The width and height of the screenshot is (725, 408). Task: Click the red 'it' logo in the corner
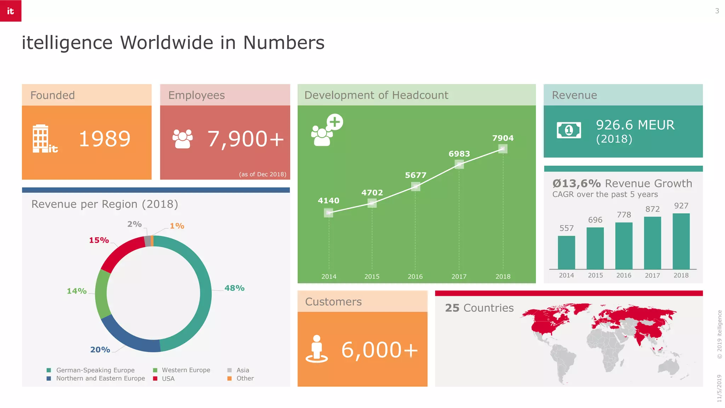pos(11,11)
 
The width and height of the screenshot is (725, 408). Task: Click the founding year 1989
pos(104,139)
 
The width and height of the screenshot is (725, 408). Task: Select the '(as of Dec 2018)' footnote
pos(262,174)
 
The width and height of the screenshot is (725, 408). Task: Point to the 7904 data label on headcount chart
pos(503,138)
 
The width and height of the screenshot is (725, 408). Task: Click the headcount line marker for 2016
pos(416,186)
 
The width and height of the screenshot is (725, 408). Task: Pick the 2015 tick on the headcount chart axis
pos(372,277)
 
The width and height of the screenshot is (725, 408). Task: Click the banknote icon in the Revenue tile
pos(569,130)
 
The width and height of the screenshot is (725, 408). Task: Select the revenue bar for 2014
pos(566,253)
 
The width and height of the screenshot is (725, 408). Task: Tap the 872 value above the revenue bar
pos(652,209)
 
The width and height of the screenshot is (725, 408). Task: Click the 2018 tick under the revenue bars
pos(681,276)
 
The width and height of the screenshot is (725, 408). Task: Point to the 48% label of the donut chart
pos(234,288)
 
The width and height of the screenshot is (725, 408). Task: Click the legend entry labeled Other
pos(245,379)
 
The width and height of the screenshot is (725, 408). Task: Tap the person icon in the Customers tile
pos(317,349)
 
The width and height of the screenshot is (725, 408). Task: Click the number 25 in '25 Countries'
pos(452,308)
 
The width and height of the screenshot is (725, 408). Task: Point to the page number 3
pos(717,11)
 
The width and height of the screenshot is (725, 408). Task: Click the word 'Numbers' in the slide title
pos(284,43)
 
